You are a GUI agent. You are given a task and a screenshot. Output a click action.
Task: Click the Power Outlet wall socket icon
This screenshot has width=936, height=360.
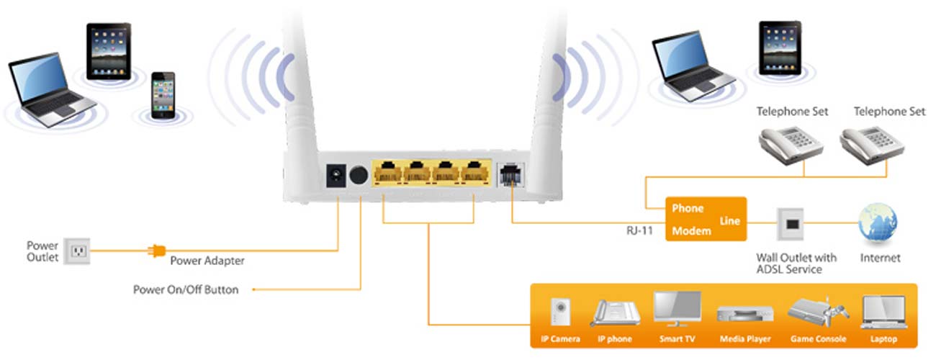click(x=76, y=251)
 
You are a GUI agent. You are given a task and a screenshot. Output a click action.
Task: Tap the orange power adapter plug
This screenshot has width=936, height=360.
click(x=156, y=251)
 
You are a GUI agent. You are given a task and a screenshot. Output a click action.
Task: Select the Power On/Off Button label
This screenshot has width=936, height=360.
click(x=185, y=289)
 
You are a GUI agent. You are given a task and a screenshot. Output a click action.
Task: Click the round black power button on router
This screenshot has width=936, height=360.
click(x=358, y=175)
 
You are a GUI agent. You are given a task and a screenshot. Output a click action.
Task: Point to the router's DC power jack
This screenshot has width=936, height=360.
click(x=335, y=175)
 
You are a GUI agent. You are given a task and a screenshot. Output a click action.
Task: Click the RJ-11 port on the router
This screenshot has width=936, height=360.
click(x=510, y=175)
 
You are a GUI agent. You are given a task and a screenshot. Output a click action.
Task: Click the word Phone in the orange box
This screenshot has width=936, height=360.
click(x=687, y=209)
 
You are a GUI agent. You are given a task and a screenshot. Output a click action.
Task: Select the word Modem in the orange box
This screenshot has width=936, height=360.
click(x=690, y=231)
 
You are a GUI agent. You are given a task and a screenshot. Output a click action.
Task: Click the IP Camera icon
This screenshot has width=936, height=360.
click(x=559, y=312)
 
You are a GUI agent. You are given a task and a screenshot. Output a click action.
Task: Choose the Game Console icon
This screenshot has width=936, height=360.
click(x=816, y=311)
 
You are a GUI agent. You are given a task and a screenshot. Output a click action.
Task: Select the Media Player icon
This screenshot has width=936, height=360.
click(x=744, y=315)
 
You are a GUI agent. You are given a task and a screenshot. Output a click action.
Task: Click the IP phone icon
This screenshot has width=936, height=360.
click(x=616, y=313)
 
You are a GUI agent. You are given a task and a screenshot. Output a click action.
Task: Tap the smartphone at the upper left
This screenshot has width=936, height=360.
click(x=163, y=96)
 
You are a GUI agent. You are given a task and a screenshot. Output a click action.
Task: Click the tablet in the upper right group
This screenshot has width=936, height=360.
click(x=780, y=48)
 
